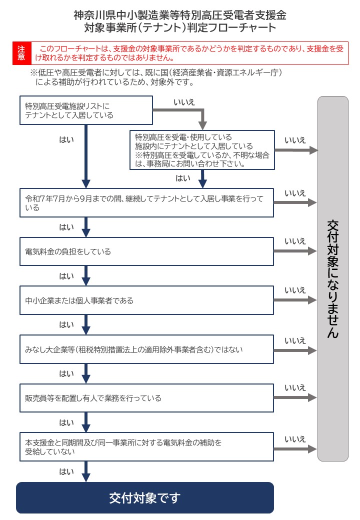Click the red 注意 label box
pos(21,53)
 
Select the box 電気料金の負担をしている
pos(146,251)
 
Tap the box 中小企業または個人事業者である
pos(146,300)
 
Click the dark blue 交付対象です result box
pos(145,497)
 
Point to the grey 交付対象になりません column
pos(332,278)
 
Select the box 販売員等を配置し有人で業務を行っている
pos(146,398)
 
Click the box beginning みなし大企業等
pos(146,349)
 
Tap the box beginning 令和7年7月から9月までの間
pos(146,202)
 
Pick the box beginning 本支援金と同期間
pos(146,446)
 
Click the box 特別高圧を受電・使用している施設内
pos(202,150)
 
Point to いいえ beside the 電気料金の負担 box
pos(295,241)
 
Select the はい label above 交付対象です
pos(66,471)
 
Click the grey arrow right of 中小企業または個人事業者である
pos(295,300)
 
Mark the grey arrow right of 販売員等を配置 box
pos(295,398)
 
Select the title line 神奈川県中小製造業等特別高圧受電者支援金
pos(180,14)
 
